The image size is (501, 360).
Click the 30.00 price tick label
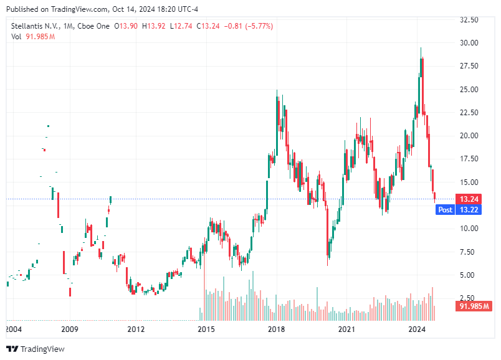click(469, 43)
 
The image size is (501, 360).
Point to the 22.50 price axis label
click(469, 113)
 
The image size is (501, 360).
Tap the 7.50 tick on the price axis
click(471, 252)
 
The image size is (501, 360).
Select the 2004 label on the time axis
click(13, 329)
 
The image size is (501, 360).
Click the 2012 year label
click(136, 329)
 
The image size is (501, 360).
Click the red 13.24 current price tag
click(468, 199)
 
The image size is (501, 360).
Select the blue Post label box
click(446, 210)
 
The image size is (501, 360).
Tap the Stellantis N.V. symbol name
click(34, 26)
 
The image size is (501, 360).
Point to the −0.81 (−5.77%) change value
click(248, 26)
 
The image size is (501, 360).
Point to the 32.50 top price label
click(469, 20)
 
